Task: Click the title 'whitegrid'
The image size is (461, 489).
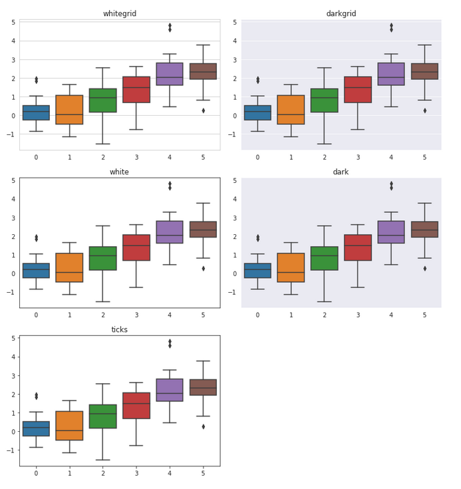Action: click(x=120, y=14)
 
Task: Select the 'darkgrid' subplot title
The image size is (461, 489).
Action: click(x=341, y=14)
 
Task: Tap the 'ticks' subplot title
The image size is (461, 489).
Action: click(x=120, y=330)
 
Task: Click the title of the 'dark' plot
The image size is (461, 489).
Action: click(x=341, y=172)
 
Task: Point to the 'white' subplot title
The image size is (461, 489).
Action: click(x=120, y=172)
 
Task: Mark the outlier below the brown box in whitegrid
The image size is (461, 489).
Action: click(x=203, y=110)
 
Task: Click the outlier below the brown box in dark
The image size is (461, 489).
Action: click(x=424, y=268)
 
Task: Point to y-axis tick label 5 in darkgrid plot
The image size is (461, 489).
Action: click(x=235, y=23)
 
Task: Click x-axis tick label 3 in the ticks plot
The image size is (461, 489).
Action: click(x=136, y=473)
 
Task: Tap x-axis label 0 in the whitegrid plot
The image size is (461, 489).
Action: click(x=36, y=157)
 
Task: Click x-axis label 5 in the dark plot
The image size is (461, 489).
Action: click(x=424, y=315)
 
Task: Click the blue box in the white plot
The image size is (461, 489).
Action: click(x=36, y=271)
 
